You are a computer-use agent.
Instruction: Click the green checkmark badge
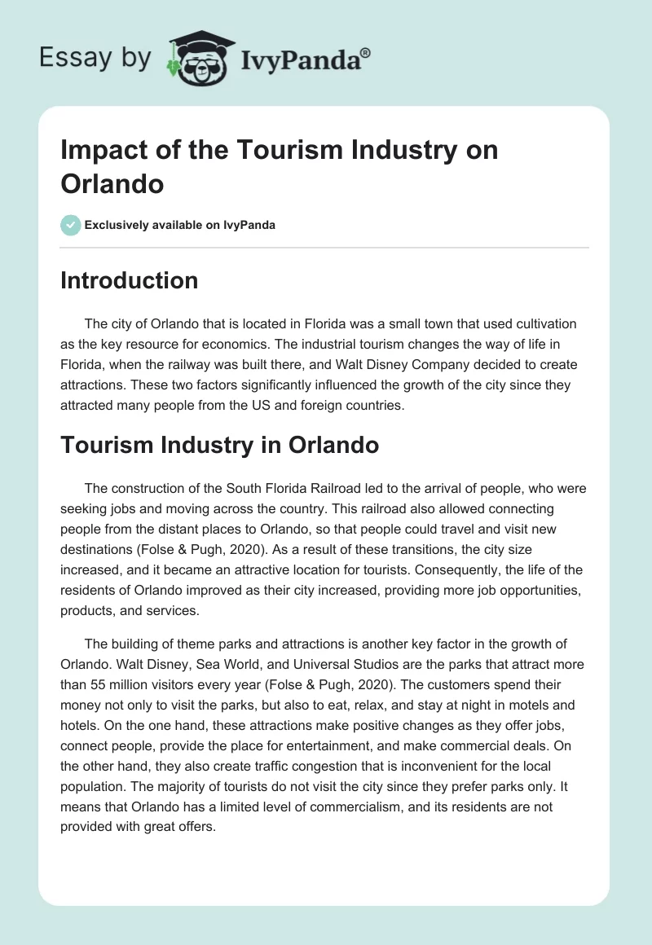tap(71, 225)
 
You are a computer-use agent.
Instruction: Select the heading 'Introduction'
tap(130, 280)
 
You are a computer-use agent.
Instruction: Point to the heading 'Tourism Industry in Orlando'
tap(219, 446)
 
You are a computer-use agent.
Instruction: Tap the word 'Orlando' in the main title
tap(112, 182)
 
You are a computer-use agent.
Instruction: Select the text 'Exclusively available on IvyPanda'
tap(180, 225)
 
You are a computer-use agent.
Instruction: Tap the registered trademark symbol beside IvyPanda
tap(366, 54)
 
